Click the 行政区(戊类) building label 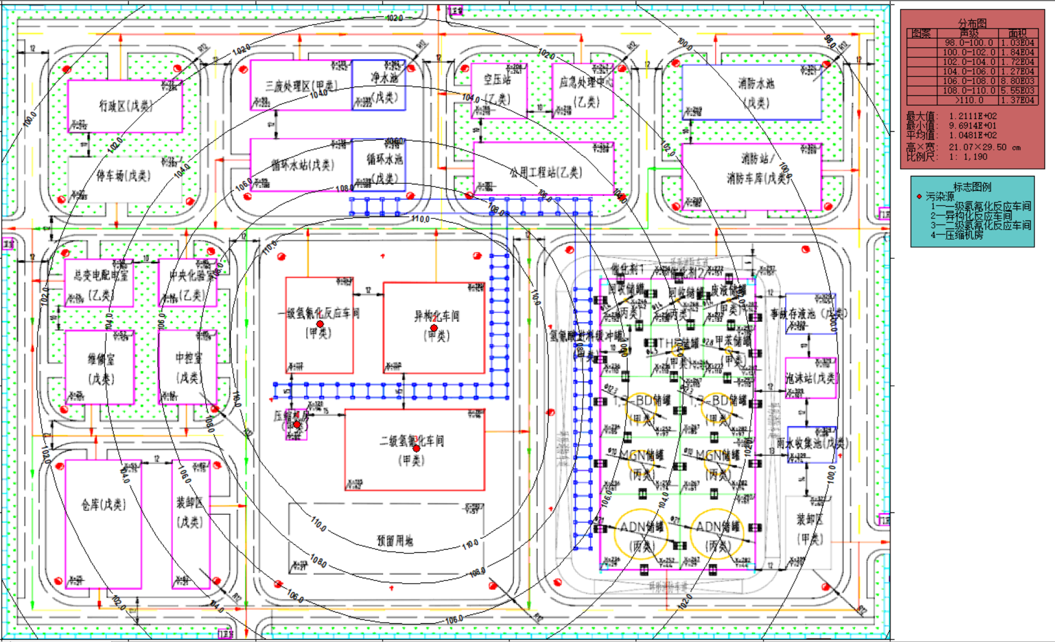pyautogui.click(x=125, y=106)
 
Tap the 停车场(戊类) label pyautogui.click(x=123, y=175)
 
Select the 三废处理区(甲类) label pyautogui.click(x=301, y=86)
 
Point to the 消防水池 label pyautogui.click(x=756, y=83)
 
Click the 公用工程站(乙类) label pyautogui.click(x=546, y=172)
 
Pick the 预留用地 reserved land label pyautogui.click(x=395, y=540)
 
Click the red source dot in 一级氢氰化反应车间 pyautogui.click(x=320, y=324)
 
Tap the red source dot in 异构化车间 pyautogui.click(x=434, y=328)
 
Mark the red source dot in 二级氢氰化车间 pyautogui.click(x=416, y=449)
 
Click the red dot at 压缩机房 pyautogui.click(x=297, y=425)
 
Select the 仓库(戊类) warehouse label pyautogui.click(x=103, y=504)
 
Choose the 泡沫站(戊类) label pyautogui.click(x=811, y=378)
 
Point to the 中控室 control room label pyautogui.click(x=189, y=358)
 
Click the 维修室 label pyautogui.click(x=100, y=359)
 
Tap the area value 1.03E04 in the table pyautogui.click(x=1018, y=43)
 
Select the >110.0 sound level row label pyautogui.click(x=969, y=100)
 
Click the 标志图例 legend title pyautogui.click(x=972, y=187)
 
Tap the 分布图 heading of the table pyautogui.click(x=972, y=23)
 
